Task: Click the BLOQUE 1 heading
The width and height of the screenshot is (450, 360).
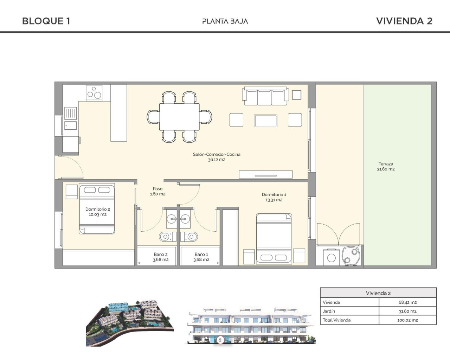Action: coord(46,21)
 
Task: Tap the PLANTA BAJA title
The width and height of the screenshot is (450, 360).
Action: coord(225,21)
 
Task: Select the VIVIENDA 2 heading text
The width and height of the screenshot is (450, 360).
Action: coord(404,21)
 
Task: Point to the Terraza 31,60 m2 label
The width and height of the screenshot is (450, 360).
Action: coord(386,166)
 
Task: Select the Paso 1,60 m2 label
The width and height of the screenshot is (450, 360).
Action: coord(157,191)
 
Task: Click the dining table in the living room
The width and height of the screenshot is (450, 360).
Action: coord(179,117)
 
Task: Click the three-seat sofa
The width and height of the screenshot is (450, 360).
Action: coord(265,96)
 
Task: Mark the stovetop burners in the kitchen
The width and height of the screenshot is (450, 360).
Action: coord(94,93)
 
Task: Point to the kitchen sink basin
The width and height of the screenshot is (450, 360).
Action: coord(71,125)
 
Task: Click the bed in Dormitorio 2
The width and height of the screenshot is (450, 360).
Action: coord(97,210)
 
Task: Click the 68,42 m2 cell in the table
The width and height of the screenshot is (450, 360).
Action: coord(407,302)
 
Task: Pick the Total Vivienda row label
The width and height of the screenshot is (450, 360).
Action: coord(336,320)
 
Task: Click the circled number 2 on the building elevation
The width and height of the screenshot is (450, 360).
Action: coord(220,340)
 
